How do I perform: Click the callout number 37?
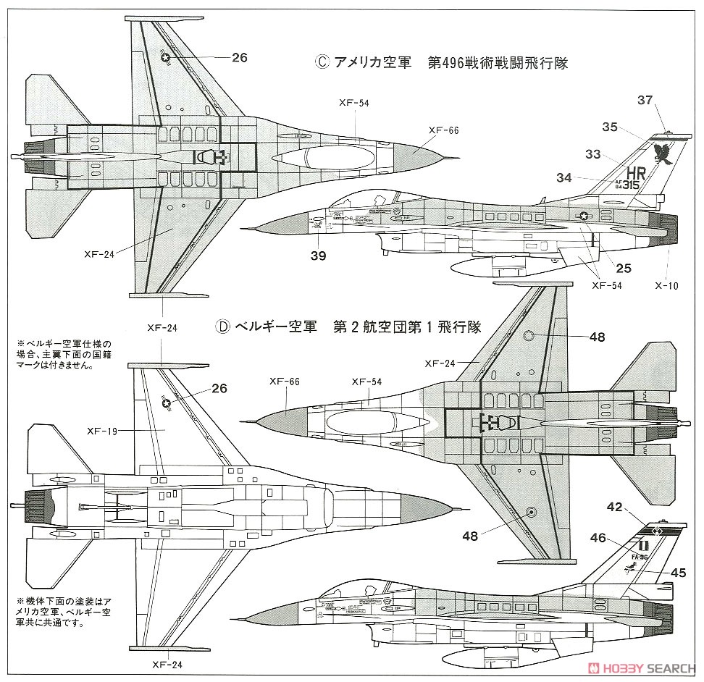645,100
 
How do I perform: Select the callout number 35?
609,127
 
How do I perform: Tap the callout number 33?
593,153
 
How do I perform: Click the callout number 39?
318,255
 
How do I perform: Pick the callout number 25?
623,268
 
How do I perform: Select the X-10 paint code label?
666,285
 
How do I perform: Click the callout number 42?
615,508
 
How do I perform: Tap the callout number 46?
598,538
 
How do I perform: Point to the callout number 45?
678,572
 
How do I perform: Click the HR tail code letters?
635,174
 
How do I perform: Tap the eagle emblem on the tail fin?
661,153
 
